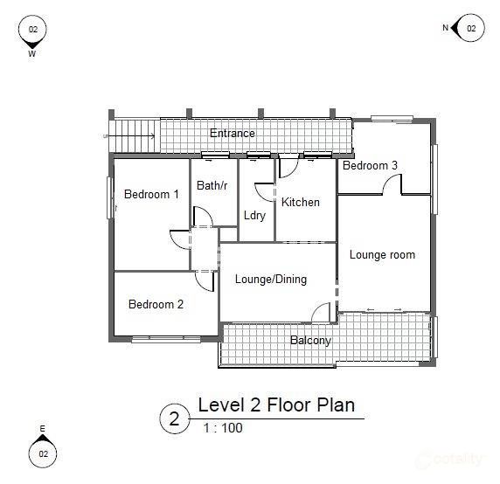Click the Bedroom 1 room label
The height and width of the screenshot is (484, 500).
(x=151, y=194)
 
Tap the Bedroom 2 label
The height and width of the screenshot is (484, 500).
(x=156, y=305)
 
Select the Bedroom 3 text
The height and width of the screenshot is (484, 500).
(x=370, y=165)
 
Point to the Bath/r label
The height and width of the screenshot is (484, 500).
(x=212, y=185)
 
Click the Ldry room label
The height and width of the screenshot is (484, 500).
(x=254, y=215)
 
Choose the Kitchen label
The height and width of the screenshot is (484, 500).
(x=300, y=202)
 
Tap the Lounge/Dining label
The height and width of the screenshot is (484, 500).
(x=270, y=280)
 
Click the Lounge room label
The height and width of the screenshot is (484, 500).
(x=382, y=255)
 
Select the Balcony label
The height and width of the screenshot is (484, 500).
(x=310, y=340)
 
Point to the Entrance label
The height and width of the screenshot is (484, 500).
(x=233, y=134)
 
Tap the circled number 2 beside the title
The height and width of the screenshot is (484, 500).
(x=174, y=418)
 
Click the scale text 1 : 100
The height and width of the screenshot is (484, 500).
(x=222, y=428)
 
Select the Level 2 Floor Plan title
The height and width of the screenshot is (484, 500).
(x=276, y=405)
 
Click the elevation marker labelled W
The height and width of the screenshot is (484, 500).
(x=33, y=31)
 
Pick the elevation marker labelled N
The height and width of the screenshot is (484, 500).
(x=469, y=29)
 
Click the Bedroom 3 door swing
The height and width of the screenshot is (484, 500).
(x=392, y=184)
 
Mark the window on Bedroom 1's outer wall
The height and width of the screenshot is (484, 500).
(x=109, y=197)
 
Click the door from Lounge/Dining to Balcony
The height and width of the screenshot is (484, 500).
(x=321, y=313)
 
